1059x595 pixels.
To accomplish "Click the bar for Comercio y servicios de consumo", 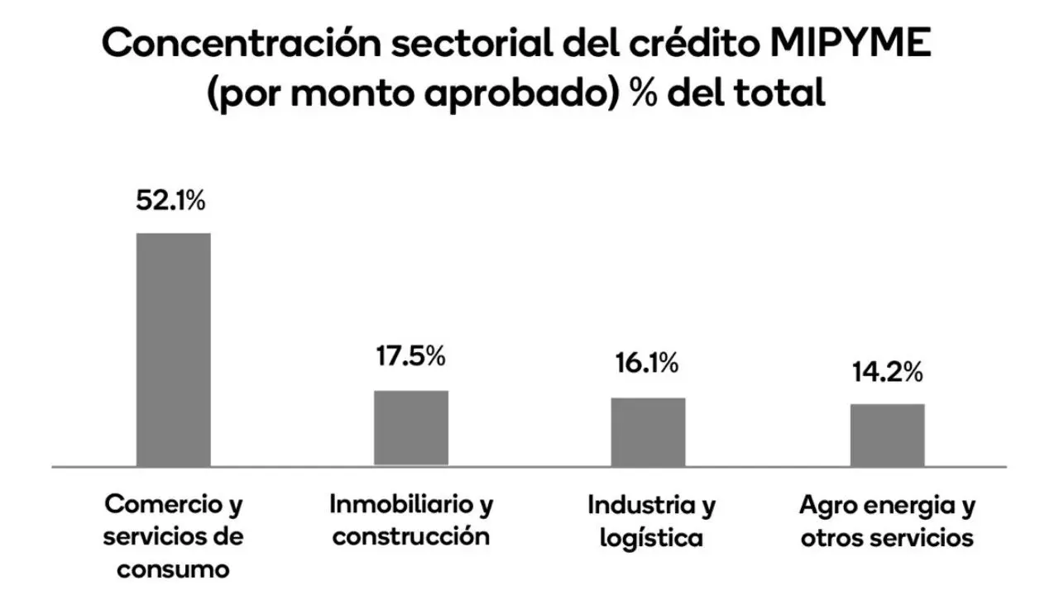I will pyautogui.click(x=173, y=350).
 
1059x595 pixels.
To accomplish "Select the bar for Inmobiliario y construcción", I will pyautogui.click(x=411, y=428).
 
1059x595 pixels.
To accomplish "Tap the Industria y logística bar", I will pyautogui.click(x=648, y=431).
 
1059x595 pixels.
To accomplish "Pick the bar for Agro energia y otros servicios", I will pyautogui.click(x=887, y=435).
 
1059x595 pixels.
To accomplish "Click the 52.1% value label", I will pyautogui.click(x=170, y=201).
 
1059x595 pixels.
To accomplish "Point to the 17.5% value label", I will pyautogui.click(x=411, y=357).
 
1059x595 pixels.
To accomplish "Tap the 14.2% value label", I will pyautogui.click(x=887, y=373).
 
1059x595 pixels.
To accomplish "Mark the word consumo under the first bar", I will pyautogui.click(x=173, y=569).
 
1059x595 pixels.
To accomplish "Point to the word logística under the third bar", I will pyautogui.click(x=651, y=538).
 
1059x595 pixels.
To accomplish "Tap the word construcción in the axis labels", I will pyautogui.click(x=411, y=536).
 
